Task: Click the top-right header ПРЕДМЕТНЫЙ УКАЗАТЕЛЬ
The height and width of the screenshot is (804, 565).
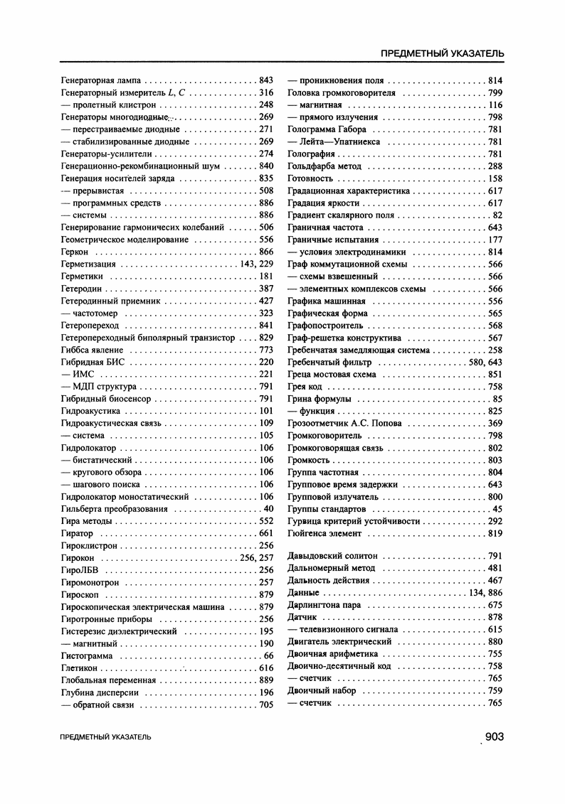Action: pyautogui.click(x=443, y=53)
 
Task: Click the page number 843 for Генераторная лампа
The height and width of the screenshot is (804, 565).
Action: pyautogui.click(x=266, y=80)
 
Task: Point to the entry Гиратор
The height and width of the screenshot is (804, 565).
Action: pyautogui.click(x=78, y=532)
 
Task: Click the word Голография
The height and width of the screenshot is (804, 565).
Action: pyautogui.click(x=311, y=154)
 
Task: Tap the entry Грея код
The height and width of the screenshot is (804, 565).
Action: pyautogui.click(x=305, y=387)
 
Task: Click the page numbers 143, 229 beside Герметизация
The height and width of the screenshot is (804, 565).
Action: pyautogui.click(x=257, y=264)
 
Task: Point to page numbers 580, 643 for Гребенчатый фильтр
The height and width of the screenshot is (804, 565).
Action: pyautogui.click(x=486, y=362)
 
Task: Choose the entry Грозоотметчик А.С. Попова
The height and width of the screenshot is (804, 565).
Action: pyautogui.click(x=344, y=423)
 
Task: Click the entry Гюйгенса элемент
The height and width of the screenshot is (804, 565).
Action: pyautogui.click(x=324, y=533)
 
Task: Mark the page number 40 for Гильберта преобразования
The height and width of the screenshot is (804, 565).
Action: pyautogui.click(x=268, y=508)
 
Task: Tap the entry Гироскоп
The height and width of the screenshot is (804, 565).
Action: pyautogui.click(x=80, y=594)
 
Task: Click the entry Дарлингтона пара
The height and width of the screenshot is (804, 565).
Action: pyautogui.click(x=324, y=605)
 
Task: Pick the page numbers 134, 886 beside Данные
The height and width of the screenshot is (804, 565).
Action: pyautogui.click(x=486, y=592)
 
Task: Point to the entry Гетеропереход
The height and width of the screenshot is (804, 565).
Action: pyautogui.click(x=89, y=325)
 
